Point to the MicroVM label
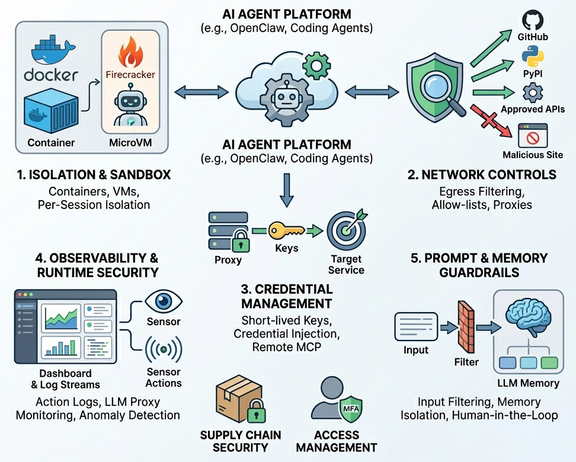tap(130, 143)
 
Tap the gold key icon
tap(286, 230)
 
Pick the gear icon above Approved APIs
tap(532, 93)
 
